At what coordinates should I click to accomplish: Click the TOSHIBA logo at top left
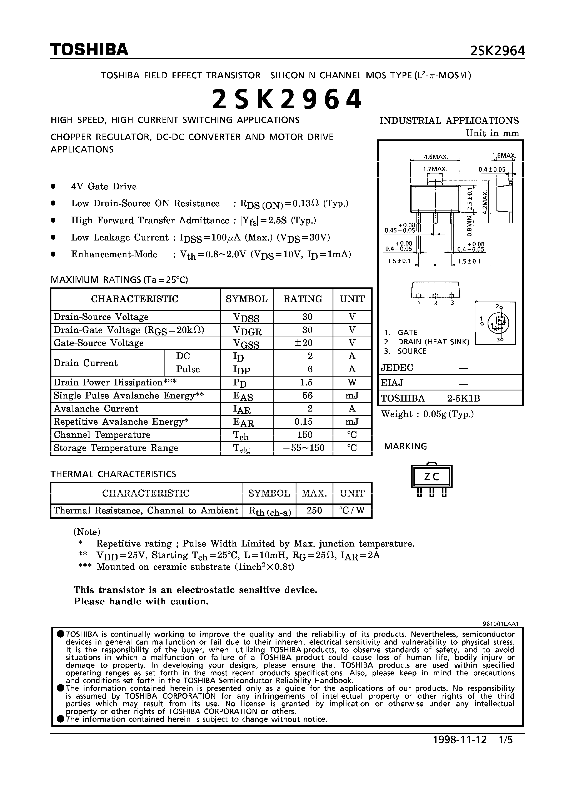pos(89,49)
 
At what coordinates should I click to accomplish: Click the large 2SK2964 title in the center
pos(287,99)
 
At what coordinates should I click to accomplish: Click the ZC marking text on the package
pos(431,477)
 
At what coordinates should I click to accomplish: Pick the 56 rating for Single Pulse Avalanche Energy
pos(307,395)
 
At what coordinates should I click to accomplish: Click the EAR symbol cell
pos(243,422)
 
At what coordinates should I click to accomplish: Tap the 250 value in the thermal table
pos(314,510)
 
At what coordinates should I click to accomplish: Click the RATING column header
pos(303,299)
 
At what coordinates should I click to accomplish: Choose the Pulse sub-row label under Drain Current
pos(188,369)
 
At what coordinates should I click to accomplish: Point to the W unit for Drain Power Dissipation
pos(352,382)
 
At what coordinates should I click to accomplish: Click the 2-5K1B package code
pos(463,399)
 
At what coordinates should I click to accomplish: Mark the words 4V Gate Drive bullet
pos(104,186)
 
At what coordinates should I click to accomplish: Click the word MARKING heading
pos(406,446)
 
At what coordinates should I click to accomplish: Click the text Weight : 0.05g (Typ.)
pos(427,414)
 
